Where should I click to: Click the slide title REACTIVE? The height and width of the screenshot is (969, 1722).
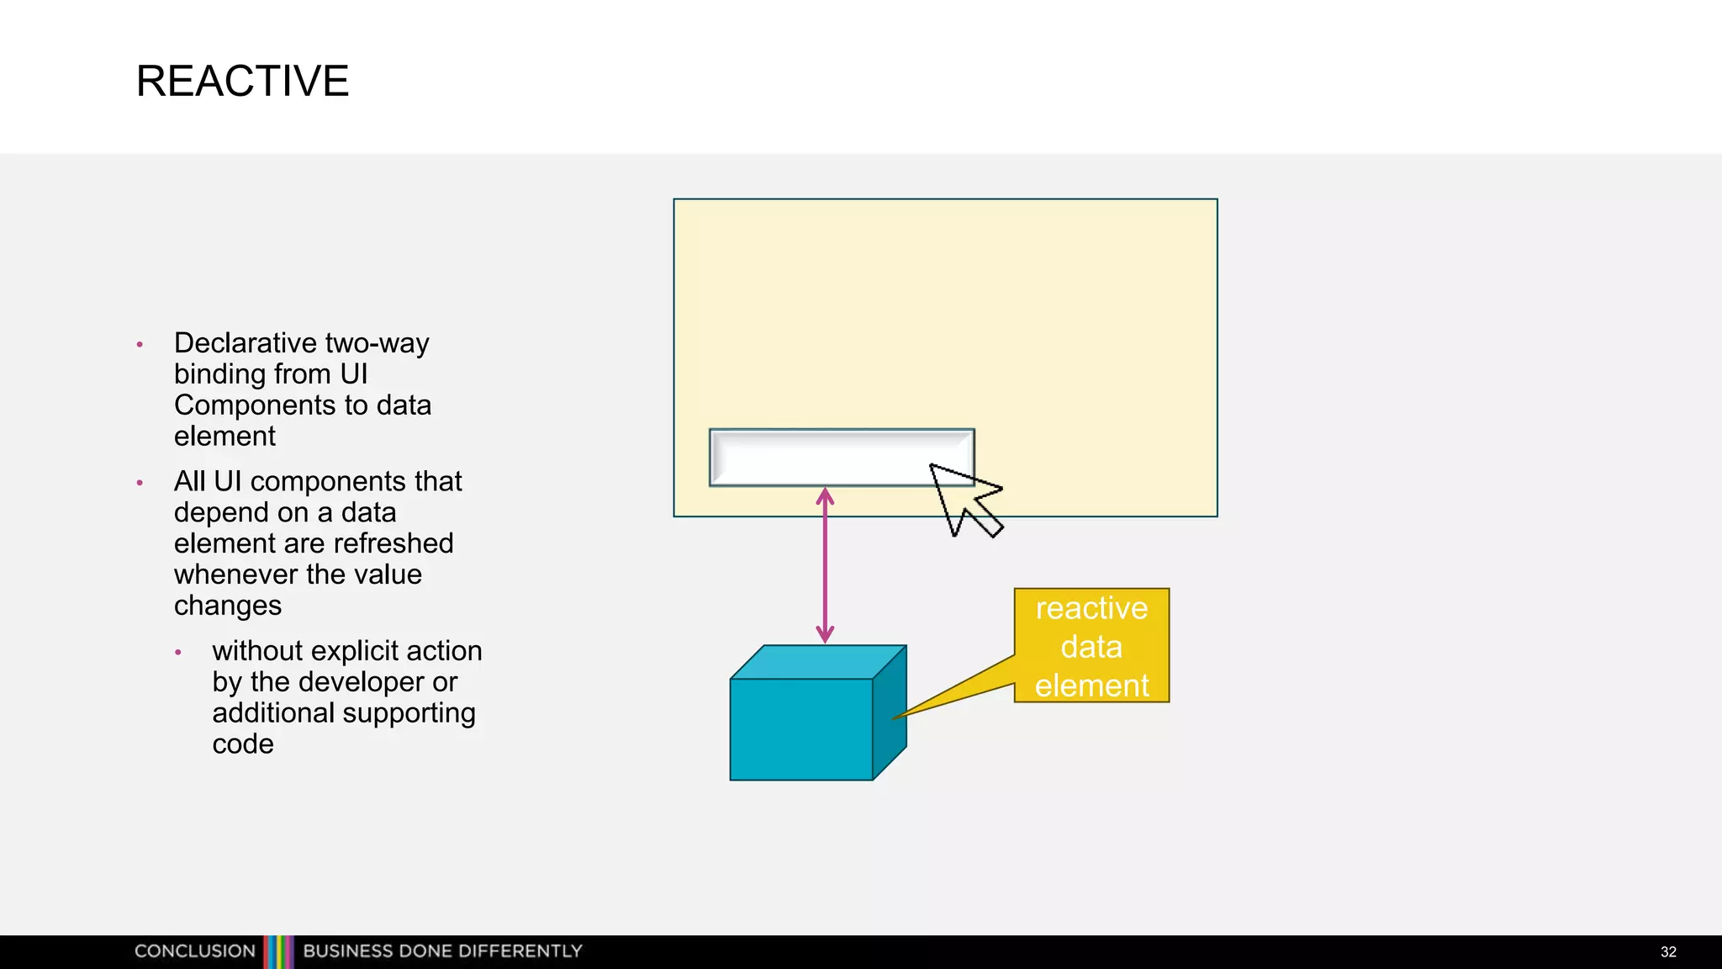point(242,82)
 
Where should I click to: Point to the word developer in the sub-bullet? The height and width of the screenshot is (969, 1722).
point(362,682)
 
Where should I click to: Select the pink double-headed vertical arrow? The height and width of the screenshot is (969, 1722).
point(825,565)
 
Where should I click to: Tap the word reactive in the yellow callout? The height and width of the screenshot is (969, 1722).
point(1091,608)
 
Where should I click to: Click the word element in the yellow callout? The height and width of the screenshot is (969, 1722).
point(1091,686)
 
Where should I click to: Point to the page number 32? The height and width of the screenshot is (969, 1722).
point(1668,952)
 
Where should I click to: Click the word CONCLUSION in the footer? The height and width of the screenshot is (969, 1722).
point(195,951)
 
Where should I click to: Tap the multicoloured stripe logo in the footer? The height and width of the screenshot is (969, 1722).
point(279,951)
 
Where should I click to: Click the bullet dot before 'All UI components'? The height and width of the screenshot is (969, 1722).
point(140,483)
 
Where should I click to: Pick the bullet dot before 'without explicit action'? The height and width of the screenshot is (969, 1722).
point(178,653)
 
